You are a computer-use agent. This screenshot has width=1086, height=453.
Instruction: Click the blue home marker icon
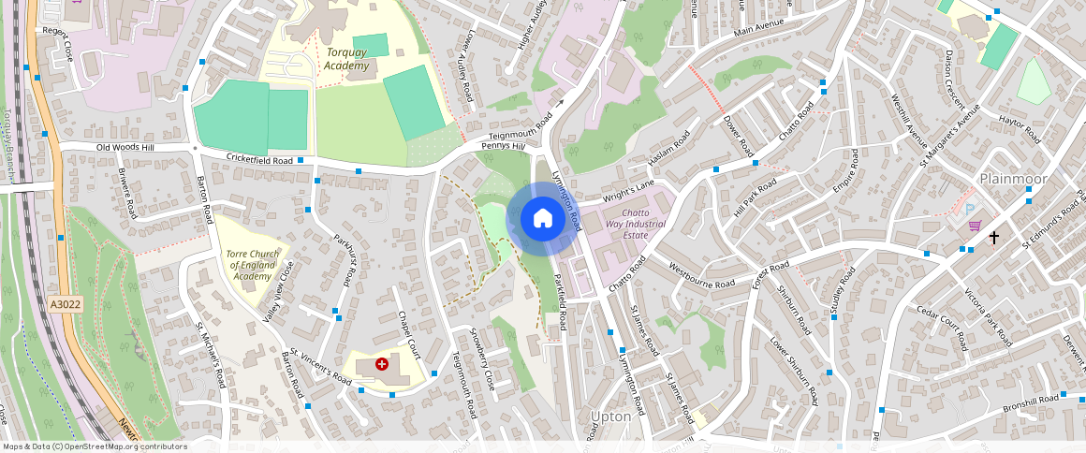tap(542, 219)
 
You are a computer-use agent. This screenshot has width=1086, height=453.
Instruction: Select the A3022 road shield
tap(66, 304)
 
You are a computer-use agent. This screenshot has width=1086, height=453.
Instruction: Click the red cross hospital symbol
tap(381, 363)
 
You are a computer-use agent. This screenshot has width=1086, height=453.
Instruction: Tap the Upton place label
tap(611, 416)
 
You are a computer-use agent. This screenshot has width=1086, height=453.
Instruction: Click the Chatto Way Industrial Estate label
tap(635, 224)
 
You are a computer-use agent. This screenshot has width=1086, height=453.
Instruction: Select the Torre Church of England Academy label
tap(251, 265)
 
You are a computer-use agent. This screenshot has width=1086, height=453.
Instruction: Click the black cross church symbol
tap(993, 239)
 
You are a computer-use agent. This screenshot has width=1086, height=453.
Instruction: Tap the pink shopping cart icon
tap(975, 226)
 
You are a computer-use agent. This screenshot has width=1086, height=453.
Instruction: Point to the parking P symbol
tap(970, 210)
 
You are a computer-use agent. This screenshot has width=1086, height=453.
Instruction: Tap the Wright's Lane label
tap(625, 191)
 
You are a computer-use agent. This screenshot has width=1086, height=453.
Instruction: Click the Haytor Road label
tap(1020, 127)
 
